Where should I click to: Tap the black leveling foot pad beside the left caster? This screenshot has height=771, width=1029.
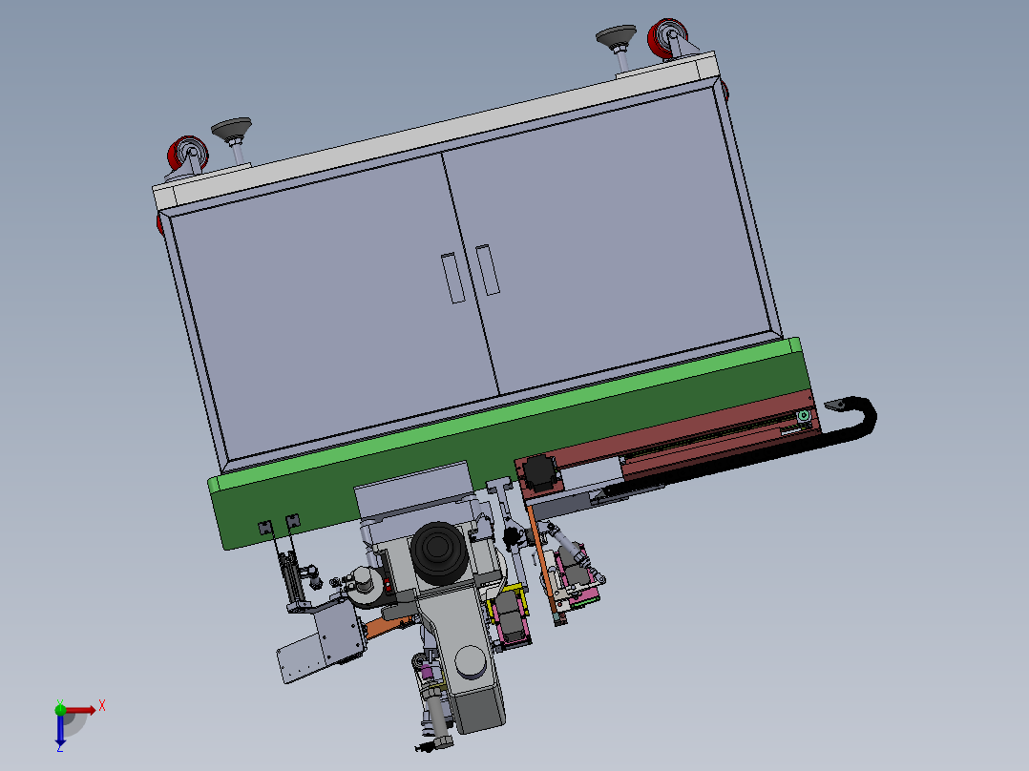pyautogui.click(x=232, y=128)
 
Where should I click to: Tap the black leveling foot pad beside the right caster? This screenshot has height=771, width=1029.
pyautogui.click(x=616, y=35)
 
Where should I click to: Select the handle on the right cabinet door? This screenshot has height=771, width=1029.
pyautogui.click(x=488, y=270)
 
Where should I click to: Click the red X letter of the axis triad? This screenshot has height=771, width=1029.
pyautogui.click(x=102, y=706)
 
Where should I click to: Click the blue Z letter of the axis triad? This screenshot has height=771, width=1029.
pyautogui.click(x=60, y=747)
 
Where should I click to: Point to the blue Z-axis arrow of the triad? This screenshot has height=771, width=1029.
pyautogui.click(x=60, y=728)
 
